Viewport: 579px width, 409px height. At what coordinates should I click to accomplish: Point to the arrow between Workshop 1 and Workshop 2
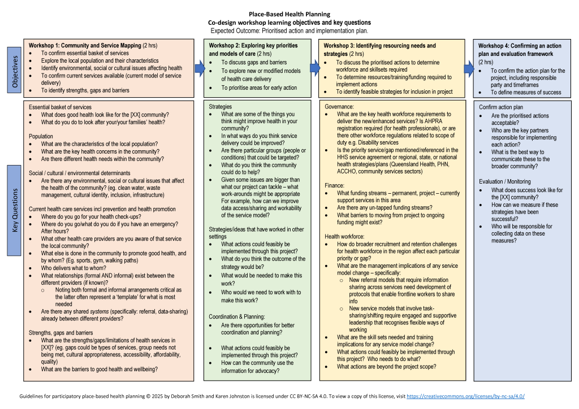click(x=198, y=69)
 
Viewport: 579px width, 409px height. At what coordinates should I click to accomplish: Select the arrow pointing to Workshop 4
click(x=468, y=69)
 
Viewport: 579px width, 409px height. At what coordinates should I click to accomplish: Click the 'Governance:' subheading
click(x=339, y=106)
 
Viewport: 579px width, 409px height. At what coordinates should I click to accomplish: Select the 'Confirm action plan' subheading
click(x=501, y=107)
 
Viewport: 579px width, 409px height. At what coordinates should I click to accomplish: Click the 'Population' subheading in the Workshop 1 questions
click(x=41, y=136)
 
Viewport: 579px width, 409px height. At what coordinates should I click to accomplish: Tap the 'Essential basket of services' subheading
click(x=60, y=107)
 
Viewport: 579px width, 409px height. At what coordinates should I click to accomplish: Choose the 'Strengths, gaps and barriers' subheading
click(x=61, y=333)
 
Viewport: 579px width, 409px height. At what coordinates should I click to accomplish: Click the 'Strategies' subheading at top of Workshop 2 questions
click(x=221, y=106)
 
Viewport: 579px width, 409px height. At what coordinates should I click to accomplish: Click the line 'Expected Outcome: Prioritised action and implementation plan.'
click(x=289, y=30)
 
